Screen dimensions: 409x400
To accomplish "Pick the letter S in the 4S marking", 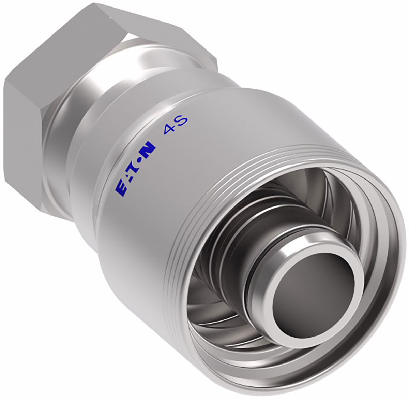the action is [182, 120].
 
